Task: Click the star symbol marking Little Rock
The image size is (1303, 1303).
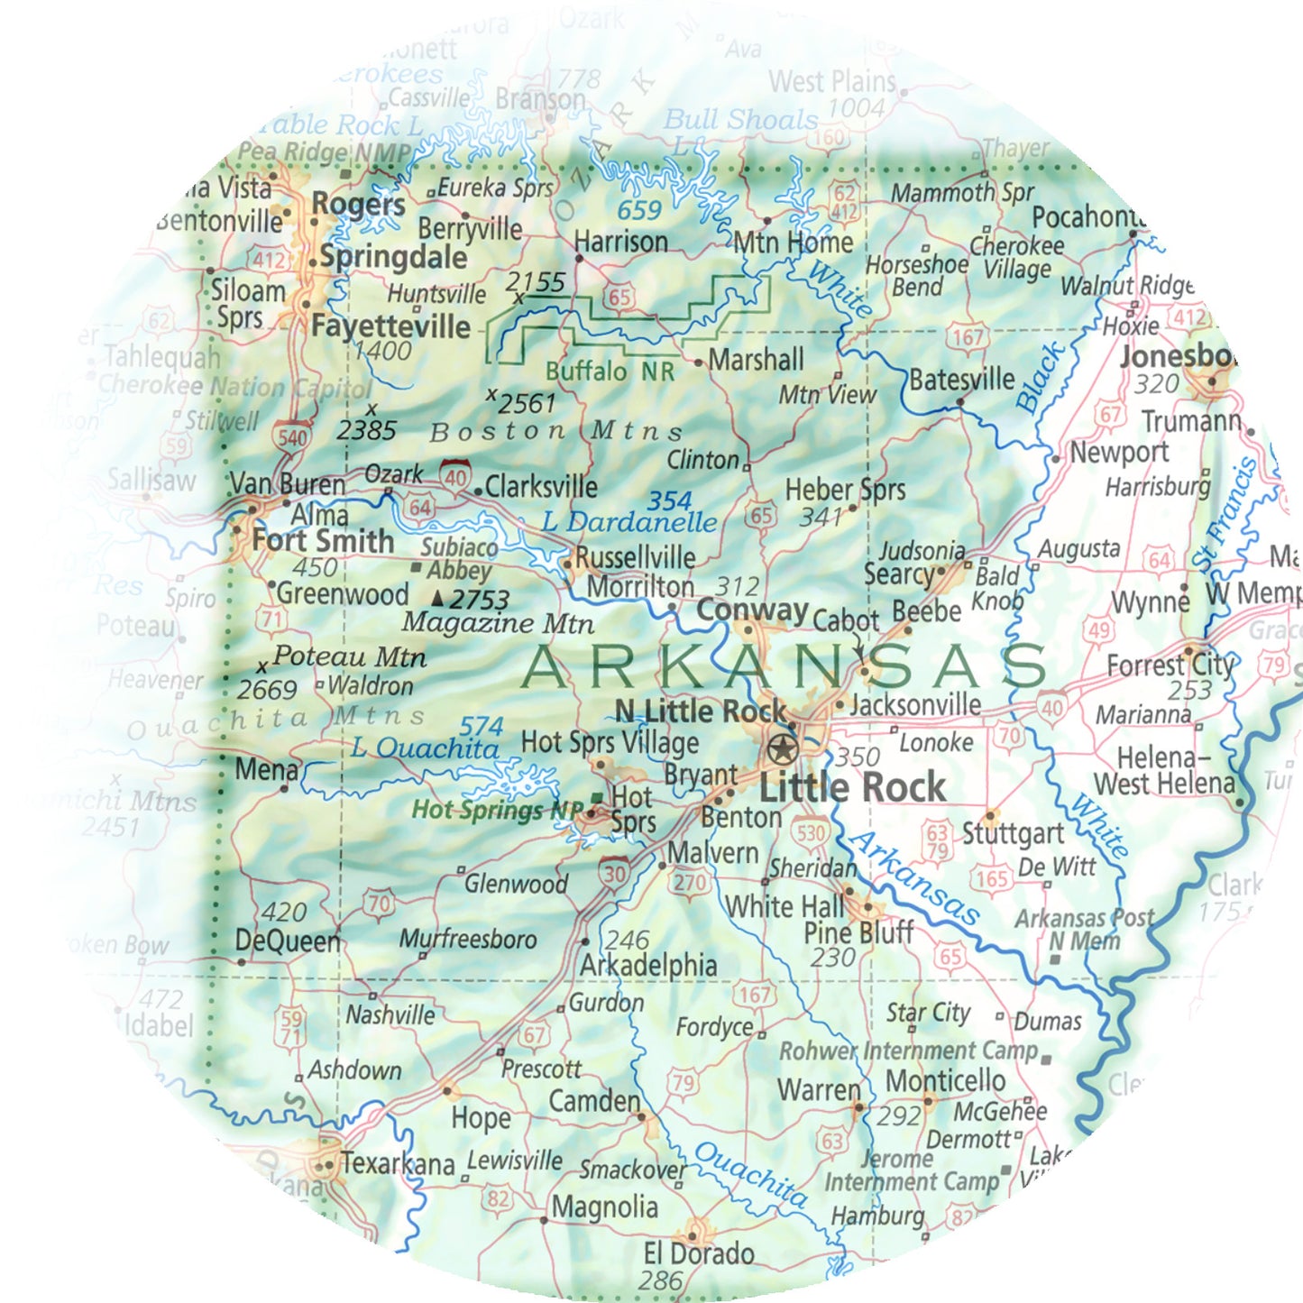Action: point(782,748)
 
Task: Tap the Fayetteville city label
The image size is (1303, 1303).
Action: point(390,326)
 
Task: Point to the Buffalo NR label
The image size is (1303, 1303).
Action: point(610,372)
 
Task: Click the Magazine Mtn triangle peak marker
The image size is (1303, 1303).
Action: point(438,598)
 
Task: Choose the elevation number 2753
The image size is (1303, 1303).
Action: point(481,600)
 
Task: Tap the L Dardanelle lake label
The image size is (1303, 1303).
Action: point(629,522)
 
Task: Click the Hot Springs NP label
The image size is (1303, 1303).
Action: point(498,810)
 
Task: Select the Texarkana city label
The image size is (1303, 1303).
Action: point(397,1163)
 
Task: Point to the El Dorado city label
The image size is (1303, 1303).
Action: point(698,1253)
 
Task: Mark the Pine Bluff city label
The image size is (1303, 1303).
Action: point(858,932)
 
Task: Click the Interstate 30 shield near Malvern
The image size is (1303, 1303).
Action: point(614,872)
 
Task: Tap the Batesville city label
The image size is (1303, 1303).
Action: point(961,380)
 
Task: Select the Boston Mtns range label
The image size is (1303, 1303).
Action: point(555,432)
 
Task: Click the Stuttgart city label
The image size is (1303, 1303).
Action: point(1013,833)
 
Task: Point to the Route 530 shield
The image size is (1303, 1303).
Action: point(811,832)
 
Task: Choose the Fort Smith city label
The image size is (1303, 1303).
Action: point(323,541)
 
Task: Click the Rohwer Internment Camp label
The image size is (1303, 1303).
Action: point(909,1051)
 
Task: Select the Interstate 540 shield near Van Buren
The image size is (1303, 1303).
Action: point(292,437)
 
